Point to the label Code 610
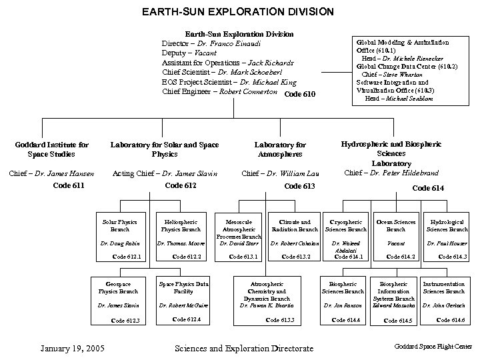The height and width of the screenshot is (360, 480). [x=299, y=94]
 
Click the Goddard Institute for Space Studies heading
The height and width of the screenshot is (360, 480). [x=51, y=149]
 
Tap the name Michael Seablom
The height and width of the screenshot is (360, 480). [x=408, y=98]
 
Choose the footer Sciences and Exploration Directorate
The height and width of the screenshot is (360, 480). [x=243, y=347]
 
